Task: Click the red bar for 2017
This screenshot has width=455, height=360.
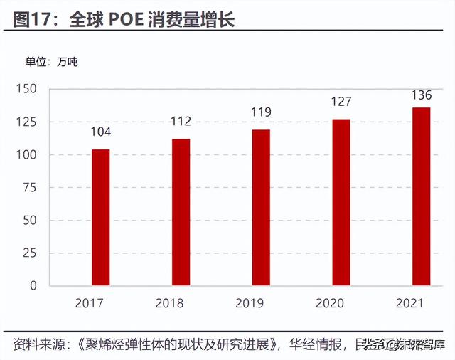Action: [x=100, y=217]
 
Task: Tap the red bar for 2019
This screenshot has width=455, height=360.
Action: [x=261, y=207]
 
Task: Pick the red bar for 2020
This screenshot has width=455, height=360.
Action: [x=341, y=202]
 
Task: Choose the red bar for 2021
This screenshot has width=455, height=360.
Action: [x=421, y=196]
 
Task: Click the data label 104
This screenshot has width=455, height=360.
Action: [x=100, y=132]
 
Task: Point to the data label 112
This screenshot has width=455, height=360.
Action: [x=181, y=122]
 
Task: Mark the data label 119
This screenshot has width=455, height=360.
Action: [x=261, y=112]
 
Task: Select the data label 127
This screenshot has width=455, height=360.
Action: [x=341, y=102]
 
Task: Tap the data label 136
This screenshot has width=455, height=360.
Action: [x=421, y=95]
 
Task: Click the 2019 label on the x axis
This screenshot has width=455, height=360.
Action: [x=261, y=303]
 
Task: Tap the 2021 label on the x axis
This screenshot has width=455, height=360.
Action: [x=421, y=303]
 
